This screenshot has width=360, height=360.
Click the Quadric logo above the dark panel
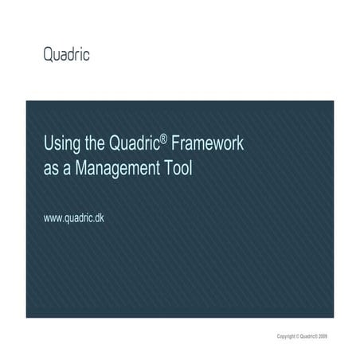[x=66, y=55]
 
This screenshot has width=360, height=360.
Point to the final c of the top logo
[x=86, y=55]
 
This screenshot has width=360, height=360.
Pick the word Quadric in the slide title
[x=131, y=145]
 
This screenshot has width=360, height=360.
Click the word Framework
[x=205, y=145]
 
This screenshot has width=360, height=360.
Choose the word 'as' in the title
[x=52, y=169]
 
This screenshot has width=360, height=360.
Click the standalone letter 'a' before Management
[x=70, y=169]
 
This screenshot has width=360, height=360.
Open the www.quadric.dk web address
[x=73, y=217]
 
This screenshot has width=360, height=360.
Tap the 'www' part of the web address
[x=53, y=217]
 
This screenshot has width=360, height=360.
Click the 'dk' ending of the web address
[x=99, y=217]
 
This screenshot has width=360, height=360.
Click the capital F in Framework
[x=171, y=145]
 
